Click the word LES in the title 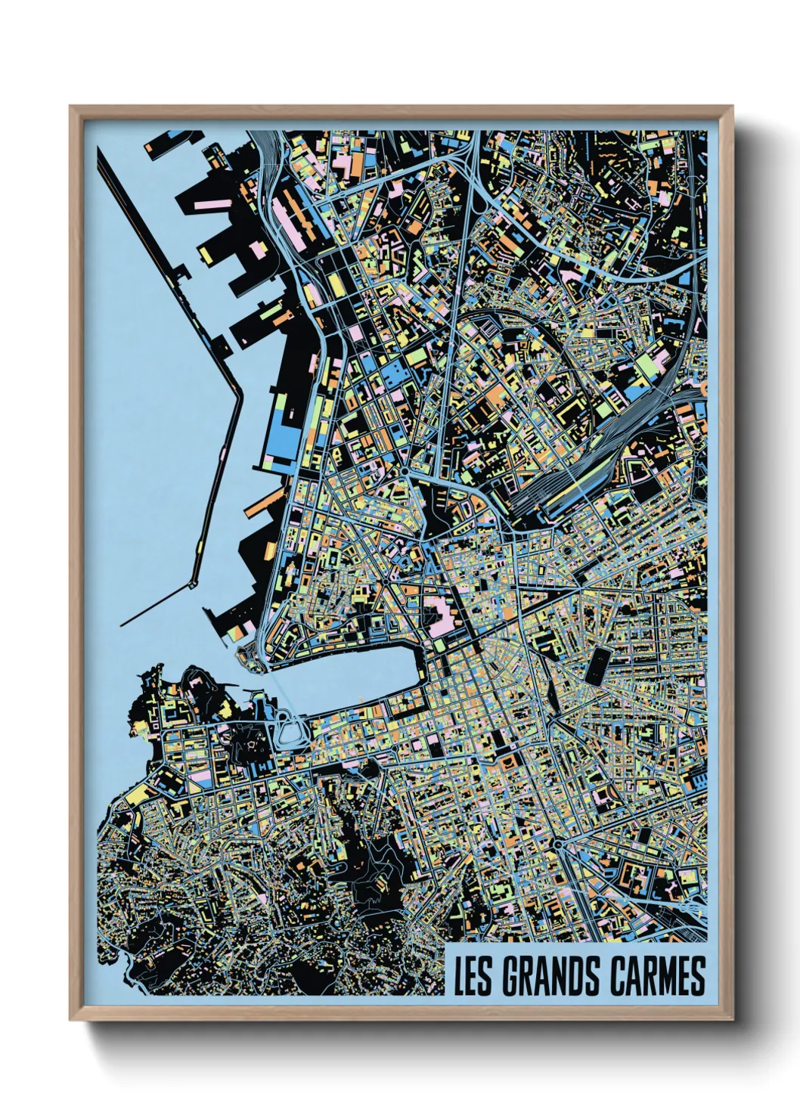click(x=475, y=976)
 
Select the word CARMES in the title click(x=656, y=976)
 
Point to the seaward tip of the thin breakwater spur click(x=122, y=625)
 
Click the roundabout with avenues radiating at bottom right click(x=558, y=844)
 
